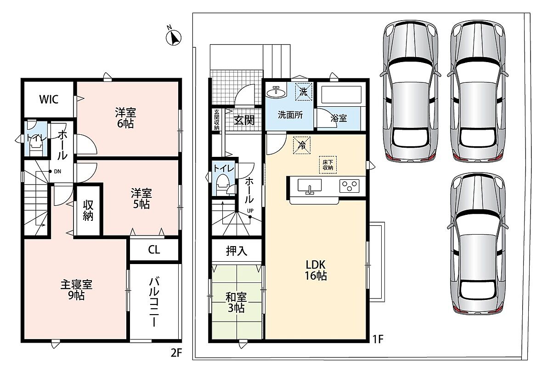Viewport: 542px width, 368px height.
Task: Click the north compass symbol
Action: click(174, 37)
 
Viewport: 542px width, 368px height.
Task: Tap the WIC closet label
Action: click(49, 99)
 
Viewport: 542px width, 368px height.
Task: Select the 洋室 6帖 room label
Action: click(125, 118)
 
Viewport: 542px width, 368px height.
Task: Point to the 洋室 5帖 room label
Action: click(141, 198)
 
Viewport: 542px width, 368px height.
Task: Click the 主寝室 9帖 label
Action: click(76, 290)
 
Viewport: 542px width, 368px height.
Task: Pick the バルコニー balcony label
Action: click(154, 302)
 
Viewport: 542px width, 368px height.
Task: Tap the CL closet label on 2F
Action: click(154, 250)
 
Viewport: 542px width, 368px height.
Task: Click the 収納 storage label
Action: click(88, 210)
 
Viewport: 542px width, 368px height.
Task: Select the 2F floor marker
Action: click(176, 352)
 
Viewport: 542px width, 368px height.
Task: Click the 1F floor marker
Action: click(378, 339)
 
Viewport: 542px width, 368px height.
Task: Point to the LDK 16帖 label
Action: click(316, 270)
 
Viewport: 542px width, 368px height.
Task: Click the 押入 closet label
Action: click(237, 251)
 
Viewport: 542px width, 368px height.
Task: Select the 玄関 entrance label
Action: click(244, 120)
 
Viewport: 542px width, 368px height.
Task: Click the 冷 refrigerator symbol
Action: click(302, 145)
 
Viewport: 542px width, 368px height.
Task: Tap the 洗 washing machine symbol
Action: click(304, 92)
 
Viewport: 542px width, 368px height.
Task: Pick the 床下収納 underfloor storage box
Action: click(327, 165)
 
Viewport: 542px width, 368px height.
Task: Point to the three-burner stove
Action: click(350, 186)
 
